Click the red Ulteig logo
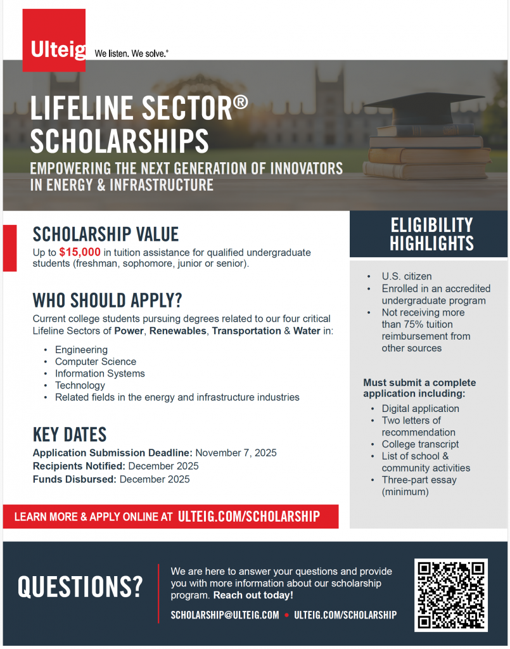point(54,40)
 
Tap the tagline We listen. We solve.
point(131,54)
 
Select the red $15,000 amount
point(80,252)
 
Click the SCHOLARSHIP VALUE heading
point(106,235)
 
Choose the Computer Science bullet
point(96,361)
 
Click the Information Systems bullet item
point(100,373)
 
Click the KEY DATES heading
point(70,435)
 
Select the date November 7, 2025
point(236,453)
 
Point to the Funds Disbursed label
point(74,479)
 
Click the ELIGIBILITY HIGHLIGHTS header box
point(431,234)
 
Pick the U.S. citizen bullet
point(406,276)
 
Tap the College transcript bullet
point(420,444)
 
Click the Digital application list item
point(420,409)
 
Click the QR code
point(451,595)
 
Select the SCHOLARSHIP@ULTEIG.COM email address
point(225,615)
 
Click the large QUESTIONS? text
point(80,587)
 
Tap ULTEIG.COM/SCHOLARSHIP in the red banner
point(249,517)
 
